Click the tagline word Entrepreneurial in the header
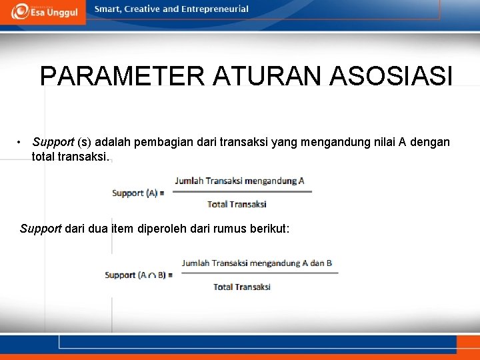217,9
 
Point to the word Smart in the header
108,9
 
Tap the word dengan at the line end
433,142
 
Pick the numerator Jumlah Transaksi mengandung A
239,181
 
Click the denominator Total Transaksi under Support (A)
237,204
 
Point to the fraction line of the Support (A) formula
241,192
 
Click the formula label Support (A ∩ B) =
139,275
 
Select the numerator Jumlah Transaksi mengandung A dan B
257,263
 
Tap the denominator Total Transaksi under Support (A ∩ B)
242,287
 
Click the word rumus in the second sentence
229,229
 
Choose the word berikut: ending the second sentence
269,229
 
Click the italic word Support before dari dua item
41,229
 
